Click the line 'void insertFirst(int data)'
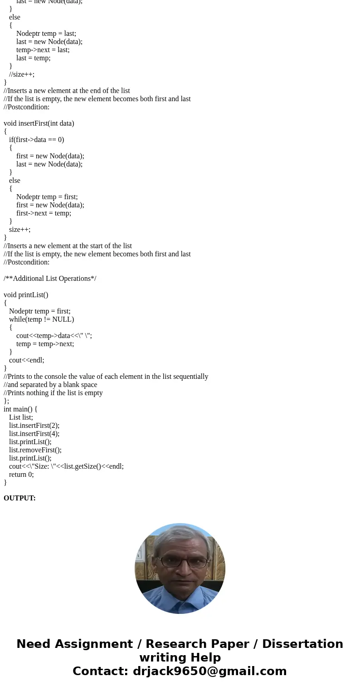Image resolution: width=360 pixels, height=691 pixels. coord(39,123)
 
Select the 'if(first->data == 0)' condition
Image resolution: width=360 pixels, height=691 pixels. coord(36,140)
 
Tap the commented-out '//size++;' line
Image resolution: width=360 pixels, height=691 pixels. coord(22,74)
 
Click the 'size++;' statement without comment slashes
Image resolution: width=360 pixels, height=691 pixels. coord(20,230)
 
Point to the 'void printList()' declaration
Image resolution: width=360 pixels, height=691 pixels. coord(26,295)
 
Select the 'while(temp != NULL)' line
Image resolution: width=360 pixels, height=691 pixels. coord(41,319)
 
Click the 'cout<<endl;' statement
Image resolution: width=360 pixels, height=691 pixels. coord(27,360)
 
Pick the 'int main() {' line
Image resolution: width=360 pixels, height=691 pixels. coord(20,409)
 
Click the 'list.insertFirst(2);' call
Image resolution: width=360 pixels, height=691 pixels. coord(34,426)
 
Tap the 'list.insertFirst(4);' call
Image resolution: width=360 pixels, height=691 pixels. coord(34,434)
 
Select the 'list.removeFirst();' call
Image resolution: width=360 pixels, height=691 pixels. coord(35,450)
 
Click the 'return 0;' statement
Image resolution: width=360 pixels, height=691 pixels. coord(21,475)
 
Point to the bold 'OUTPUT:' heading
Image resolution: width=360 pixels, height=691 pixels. coord(19,498)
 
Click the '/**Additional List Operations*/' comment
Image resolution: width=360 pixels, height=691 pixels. coord(50,279)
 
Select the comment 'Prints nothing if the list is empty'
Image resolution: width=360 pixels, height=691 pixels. coord(53,393)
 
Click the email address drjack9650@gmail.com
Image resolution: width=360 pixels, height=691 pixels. coord(209,671)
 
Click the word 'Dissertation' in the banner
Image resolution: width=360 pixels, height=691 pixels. coord(302,644)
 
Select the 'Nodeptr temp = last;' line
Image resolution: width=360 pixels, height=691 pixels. coord(46,34)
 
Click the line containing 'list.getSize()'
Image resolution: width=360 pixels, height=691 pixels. coord(66,466)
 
